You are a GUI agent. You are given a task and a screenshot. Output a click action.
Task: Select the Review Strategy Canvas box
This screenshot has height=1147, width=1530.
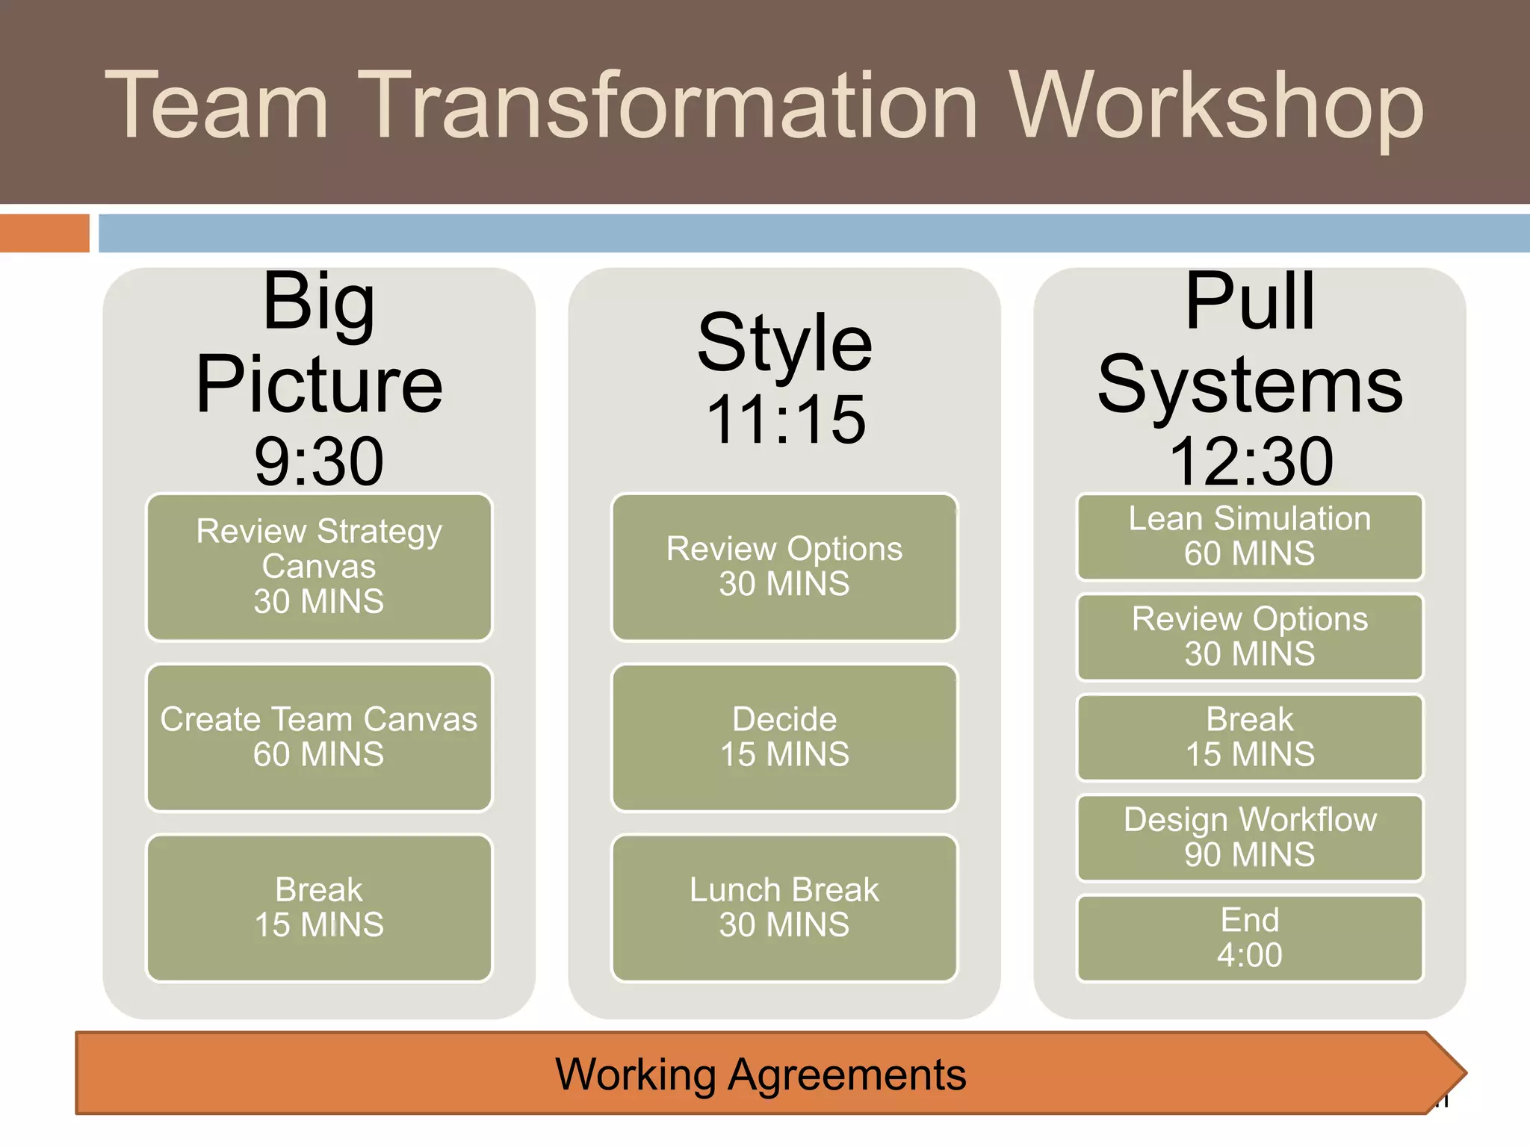coord(319,567)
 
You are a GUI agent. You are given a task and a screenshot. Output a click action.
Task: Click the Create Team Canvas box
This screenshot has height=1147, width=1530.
coord(319,737)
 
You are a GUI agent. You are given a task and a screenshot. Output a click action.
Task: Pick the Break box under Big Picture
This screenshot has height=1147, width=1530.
coord(319,907)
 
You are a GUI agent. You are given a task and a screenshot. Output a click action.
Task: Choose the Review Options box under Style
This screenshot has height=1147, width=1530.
coord(784,567)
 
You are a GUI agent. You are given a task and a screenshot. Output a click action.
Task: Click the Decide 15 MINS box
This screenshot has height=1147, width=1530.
coord(784,737)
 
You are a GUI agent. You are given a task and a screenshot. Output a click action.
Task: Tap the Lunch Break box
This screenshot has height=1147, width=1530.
coord(784,907)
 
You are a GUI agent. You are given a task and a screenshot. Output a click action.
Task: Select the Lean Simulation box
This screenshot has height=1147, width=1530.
coord(1249,536)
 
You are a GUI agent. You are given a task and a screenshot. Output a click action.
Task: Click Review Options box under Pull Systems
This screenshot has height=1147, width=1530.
coord(1249,636)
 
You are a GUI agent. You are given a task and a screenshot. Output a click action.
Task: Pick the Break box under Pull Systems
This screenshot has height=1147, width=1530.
coord(1249,737)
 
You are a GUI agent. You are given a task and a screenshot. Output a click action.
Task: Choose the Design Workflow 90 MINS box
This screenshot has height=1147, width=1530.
coord(1249,837)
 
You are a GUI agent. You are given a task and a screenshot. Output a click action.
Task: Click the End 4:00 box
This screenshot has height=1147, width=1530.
coord(1249,938)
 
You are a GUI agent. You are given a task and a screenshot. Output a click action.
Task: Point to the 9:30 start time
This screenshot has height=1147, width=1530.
coord(319,461)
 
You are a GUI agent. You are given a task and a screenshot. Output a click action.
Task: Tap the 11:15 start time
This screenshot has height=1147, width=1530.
coord(784,420)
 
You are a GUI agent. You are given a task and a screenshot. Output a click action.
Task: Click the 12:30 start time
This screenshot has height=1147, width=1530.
coord(1251,461)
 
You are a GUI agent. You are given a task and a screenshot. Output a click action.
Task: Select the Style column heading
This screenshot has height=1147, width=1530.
coord(784,344)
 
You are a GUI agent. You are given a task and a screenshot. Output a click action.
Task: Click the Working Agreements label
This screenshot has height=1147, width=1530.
coord(761,1075)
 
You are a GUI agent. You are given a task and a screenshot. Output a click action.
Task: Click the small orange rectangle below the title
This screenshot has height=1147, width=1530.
coord(44,233)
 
